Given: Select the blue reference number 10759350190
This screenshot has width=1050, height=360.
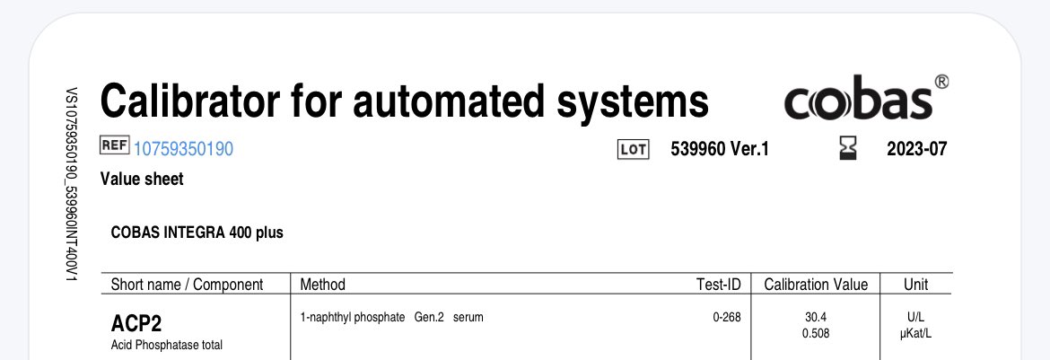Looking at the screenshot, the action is [x=183, y=149].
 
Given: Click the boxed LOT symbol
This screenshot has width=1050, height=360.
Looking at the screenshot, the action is [x=633, y=150].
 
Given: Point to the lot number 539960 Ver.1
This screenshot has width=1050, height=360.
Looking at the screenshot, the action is [x=720, y=150].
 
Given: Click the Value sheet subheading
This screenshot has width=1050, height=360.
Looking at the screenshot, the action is [x=142, y=179].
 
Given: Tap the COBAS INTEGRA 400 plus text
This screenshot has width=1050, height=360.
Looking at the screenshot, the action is [x=197, y=233].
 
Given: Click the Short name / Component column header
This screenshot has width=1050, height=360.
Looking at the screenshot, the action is [x=187, y=285].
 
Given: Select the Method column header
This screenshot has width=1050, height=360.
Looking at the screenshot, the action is [x=322, y=285].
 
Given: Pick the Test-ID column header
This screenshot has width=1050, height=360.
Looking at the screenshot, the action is [x=718, y=285].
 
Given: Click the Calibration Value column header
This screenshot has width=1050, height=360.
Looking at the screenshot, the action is [x=816, y=285].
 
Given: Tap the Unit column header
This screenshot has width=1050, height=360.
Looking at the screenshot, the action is [x=915, y=285].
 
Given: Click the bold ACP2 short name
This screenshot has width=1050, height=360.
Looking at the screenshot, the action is [x=136, y=323].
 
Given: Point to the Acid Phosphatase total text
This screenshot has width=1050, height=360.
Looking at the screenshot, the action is [x=166, y=345].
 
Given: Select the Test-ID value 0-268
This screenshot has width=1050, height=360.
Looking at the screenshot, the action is [x=726, y=318].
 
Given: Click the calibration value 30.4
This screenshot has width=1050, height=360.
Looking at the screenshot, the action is [x=816, y=318].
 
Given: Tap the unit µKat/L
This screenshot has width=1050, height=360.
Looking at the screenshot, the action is [x=915, y=334].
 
